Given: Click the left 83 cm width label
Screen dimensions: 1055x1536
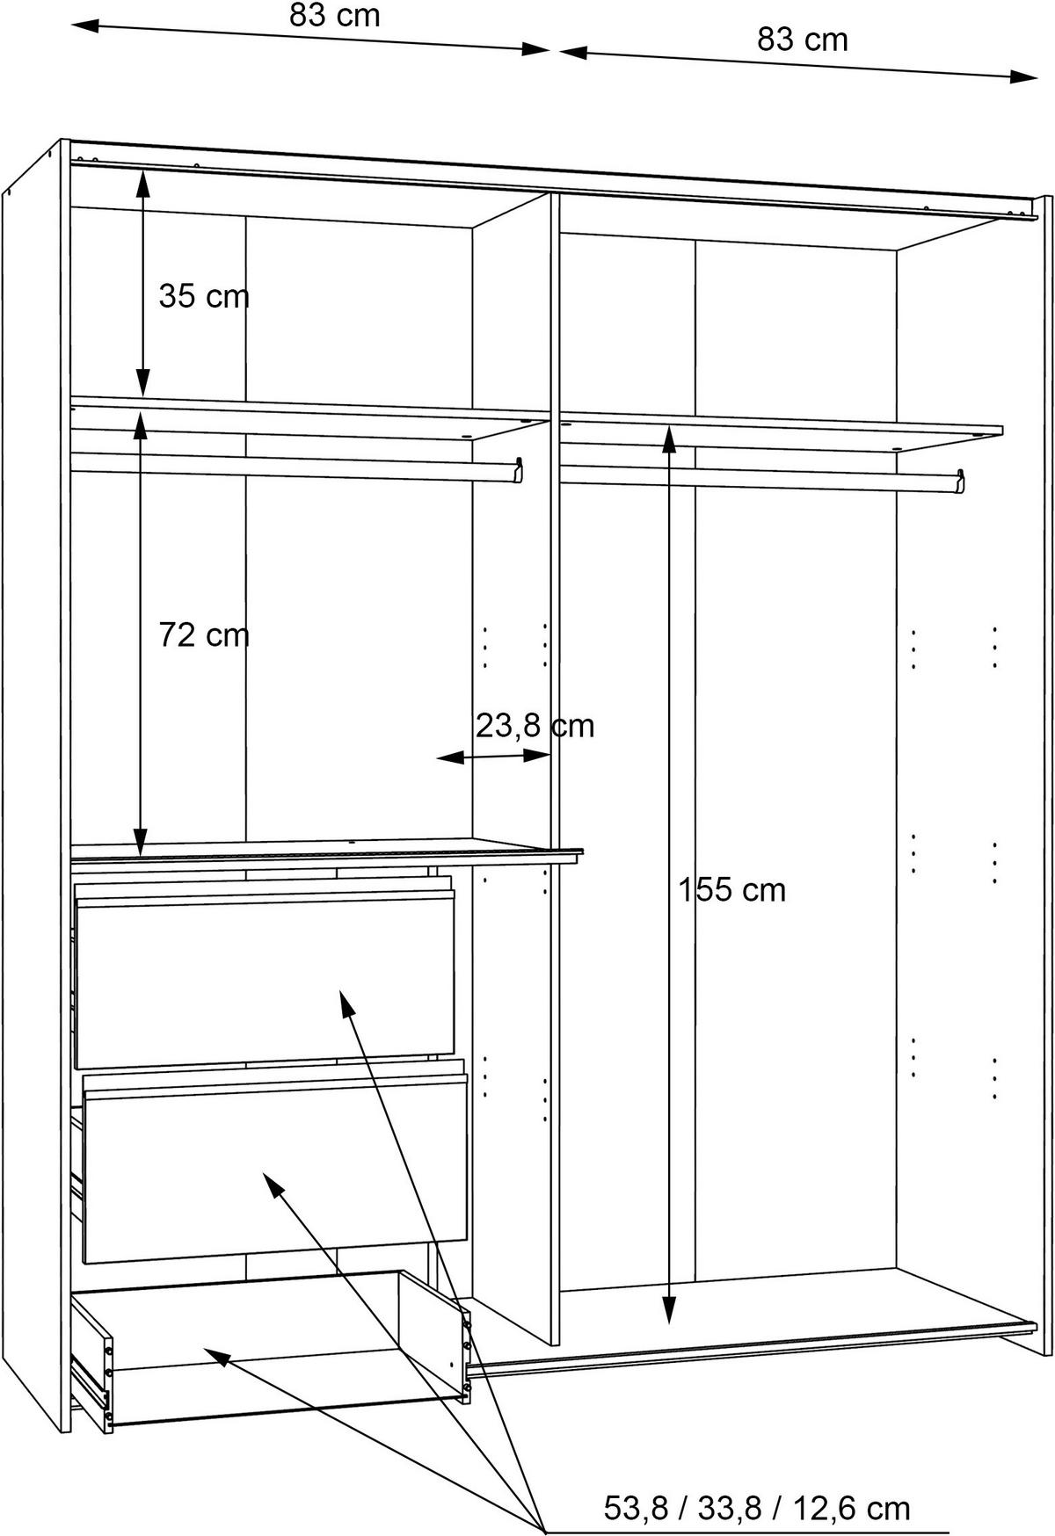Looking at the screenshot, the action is coord(334,15).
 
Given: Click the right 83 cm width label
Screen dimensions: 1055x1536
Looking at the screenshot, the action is coord(803,40).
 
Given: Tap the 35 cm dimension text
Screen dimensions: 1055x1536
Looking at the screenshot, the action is coord(204,296).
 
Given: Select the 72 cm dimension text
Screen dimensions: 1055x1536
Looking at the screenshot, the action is coord(204,634).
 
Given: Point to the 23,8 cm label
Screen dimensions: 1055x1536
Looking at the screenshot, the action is coord(535,726).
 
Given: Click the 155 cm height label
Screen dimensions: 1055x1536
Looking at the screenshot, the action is coord(731,890).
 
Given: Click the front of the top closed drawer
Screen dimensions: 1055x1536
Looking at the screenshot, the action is coord(266,977).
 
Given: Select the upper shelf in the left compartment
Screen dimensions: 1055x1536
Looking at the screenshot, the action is coord(309,417).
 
